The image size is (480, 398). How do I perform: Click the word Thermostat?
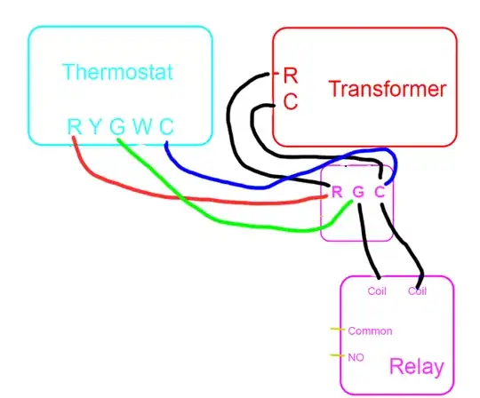117,71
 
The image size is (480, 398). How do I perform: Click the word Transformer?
386,90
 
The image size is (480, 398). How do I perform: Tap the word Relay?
416,367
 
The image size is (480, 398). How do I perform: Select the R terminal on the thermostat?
74,126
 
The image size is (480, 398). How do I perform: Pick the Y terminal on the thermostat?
95,126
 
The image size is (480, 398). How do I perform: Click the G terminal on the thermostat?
117,126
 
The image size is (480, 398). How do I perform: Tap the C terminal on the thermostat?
166,126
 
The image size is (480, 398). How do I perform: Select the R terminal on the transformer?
290,75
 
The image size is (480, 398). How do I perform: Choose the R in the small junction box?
336,191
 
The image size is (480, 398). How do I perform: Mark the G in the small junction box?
358,191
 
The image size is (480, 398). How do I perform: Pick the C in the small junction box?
380,191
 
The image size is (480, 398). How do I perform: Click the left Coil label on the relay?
377,291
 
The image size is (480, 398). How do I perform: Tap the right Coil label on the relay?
418,291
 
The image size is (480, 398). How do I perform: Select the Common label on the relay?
370,331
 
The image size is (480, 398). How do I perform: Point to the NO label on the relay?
356,357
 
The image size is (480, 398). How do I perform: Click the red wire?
178,194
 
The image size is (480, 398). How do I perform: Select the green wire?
222,220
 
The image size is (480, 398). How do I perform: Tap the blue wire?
231,185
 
